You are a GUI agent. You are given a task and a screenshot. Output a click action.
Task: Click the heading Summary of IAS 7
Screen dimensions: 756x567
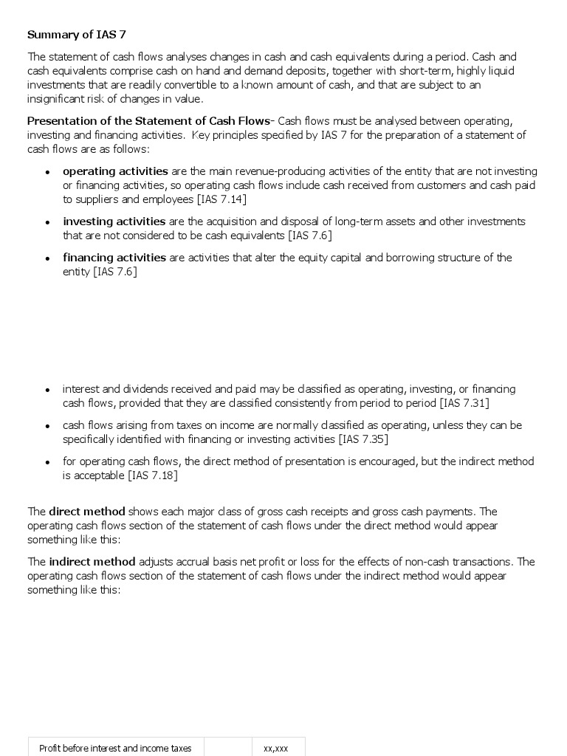coord(71,35)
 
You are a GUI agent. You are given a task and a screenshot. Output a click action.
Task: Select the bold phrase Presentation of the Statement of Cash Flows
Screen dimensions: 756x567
coord(148,121)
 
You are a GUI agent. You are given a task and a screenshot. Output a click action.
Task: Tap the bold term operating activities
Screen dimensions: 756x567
coord(115,171)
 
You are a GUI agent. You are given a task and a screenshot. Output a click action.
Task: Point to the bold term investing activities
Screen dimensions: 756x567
coord(114,221)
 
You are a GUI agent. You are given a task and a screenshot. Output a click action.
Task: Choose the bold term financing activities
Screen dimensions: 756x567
coord(114,258)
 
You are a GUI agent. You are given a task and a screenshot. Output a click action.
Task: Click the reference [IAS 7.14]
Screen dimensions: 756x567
coord(221,199)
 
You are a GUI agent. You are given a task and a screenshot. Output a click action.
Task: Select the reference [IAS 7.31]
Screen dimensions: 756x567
coord(464,403)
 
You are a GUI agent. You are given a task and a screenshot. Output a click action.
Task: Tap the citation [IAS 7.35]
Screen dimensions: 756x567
coord(363,439)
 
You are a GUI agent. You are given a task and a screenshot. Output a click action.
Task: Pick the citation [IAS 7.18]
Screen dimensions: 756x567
coord(153,475)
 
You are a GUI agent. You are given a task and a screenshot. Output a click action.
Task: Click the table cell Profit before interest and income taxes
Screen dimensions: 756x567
coord(115,748)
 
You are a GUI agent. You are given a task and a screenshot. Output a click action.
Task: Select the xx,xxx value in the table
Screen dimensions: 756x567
coord(275,748)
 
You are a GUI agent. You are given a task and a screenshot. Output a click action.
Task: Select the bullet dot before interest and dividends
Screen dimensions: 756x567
coord(47,390)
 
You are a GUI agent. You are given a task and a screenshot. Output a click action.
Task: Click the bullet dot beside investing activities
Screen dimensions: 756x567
coord(47,222)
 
